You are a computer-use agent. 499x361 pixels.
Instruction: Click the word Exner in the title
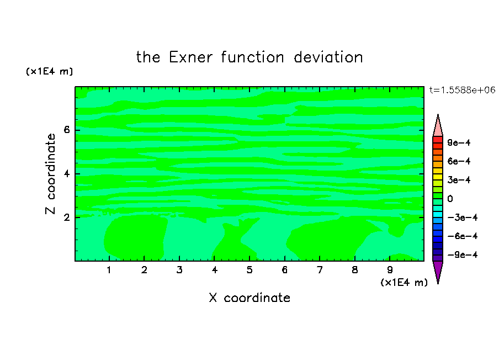click(190, 57)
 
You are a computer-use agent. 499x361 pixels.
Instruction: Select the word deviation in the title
click(328, 57)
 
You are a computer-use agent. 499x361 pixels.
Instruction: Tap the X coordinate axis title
click(250, 298)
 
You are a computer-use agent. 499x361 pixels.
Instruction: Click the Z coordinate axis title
click(51, 174)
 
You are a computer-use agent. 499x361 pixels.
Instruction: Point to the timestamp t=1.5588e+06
click(462, 90)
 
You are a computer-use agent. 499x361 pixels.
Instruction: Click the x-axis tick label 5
click(250, 270)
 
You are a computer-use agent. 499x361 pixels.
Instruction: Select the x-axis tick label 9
click(390, 270)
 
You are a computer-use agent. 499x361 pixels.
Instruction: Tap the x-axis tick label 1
click(109, 270)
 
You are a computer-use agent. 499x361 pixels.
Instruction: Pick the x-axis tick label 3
click(179, 270)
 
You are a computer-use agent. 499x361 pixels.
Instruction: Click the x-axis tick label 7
click(320, 270)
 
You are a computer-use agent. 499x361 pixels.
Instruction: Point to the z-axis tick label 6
click(66, 130)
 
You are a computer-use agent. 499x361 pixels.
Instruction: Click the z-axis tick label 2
click(66, 217)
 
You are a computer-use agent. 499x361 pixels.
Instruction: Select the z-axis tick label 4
click(66, 174)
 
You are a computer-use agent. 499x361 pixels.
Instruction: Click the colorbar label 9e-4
click(459, 142)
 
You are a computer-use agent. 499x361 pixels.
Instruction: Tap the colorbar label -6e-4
click(463, 236)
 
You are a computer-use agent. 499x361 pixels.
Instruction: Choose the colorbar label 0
click(450, 199)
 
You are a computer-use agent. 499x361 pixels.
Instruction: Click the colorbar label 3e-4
click(459, 180)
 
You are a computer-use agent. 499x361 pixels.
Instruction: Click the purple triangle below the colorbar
click(438, 270)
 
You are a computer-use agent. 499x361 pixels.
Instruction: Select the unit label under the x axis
click(404, 283)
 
